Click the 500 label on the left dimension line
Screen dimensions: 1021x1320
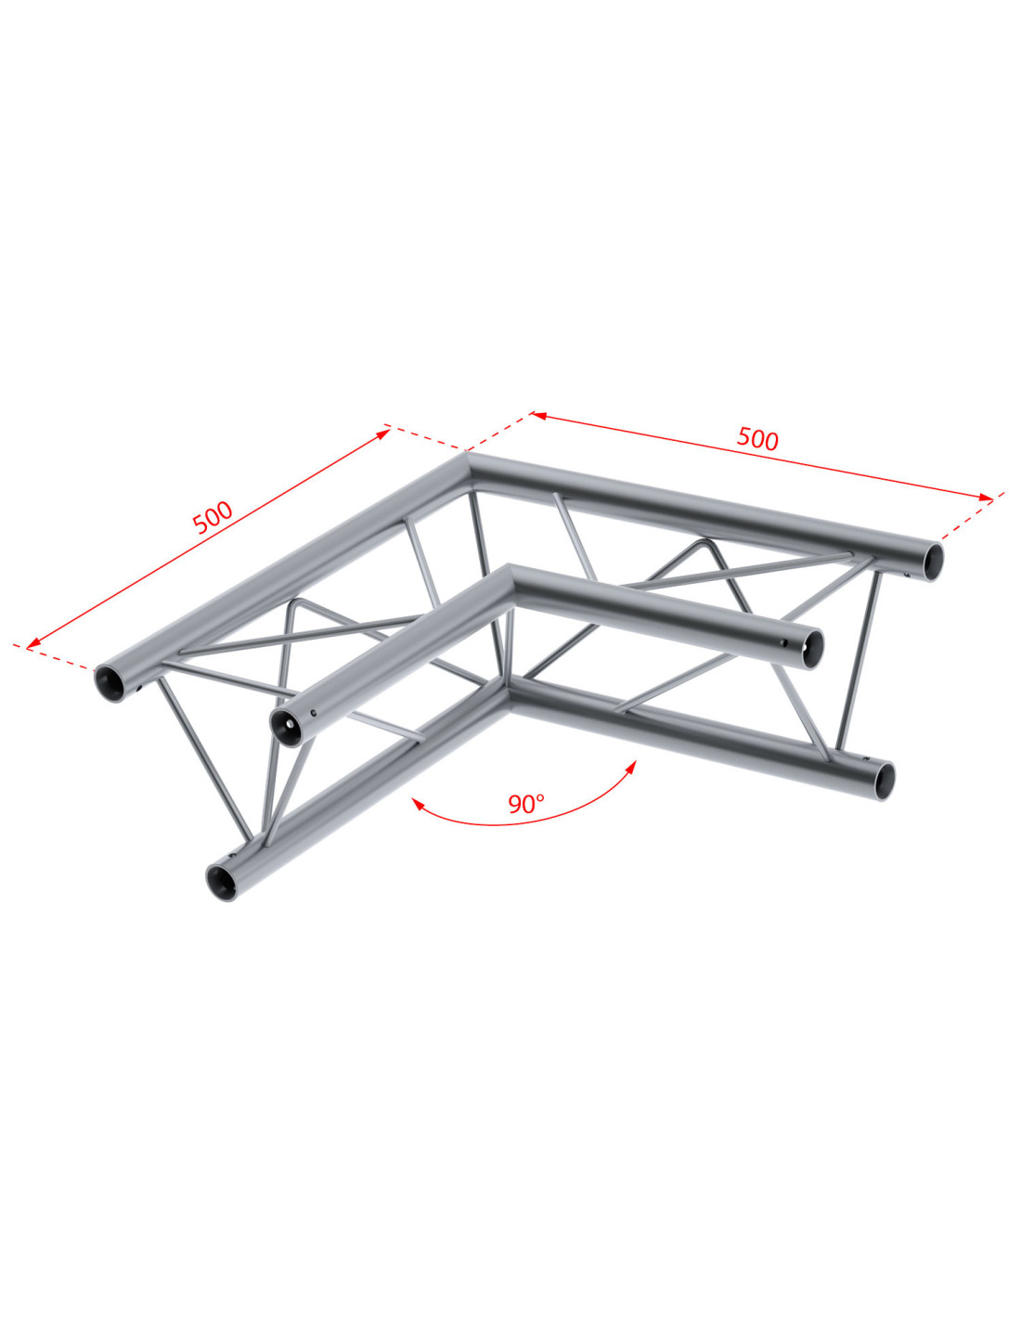click(x=212, y=518)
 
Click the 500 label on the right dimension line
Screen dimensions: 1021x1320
click(x=756, y=438)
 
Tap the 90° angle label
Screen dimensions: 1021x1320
click(x=526, y=804)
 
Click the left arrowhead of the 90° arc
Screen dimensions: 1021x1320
click(x=417, y=804)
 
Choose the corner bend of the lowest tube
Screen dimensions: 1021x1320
click(x=508, y=692)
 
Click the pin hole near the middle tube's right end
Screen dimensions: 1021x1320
click(x=784, y=642)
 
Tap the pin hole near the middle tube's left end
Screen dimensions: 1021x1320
click(x=314, y=713)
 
